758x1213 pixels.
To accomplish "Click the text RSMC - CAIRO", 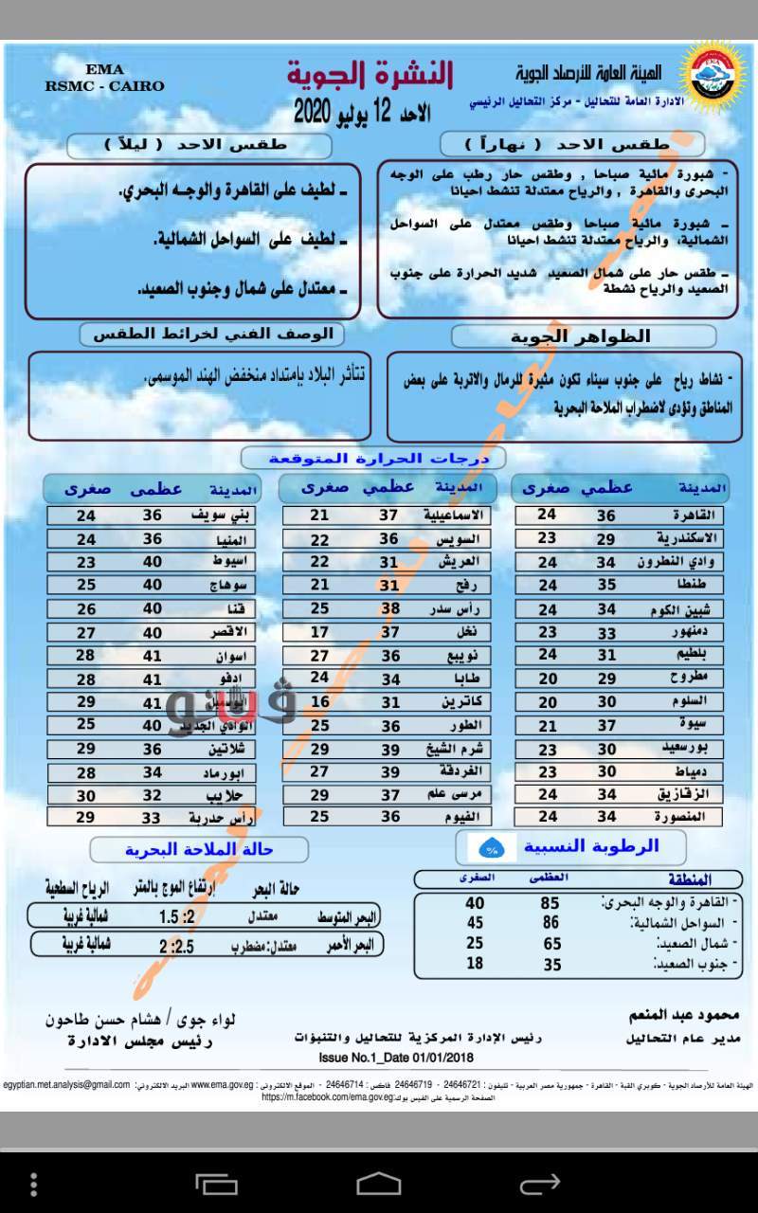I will coord(104,85).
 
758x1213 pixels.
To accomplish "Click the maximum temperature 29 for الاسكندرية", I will coord(605,538).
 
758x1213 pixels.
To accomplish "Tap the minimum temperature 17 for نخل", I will coord(320,632).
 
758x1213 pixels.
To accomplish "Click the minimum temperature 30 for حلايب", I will coord(86,796).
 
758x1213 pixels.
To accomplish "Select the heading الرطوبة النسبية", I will coord(590,846).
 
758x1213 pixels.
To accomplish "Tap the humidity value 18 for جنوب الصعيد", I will coord(475,963).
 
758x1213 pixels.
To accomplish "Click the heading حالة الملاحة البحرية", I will coord(200,849).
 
